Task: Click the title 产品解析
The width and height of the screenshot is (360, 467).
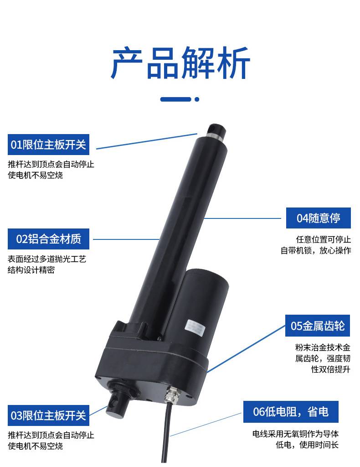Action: coord(180,63)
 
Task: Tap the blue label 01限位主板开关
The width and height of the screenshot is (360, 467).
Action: coord(48,145)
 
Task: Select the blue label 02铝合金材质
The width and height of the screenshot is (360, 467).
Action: coord(48,239)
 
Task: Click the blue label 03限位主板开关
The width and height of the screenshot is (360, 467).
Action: coord(48,415)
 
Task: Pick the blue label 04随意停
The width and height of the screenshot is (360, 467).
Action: coord(319,218)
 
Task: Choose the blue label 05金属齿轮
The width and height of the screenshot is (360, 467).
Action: coord(318,326)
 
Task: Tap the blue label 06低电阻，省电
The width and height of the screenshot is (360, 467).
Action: coord(291,412)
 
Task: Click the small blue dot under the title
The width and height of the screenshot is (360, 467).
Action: coord(197,99)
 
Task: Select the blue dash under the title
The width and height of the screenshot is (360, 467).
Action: coord(176,99)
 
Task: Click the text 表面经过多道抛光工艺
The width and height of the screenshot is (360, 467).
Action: coord(47,259)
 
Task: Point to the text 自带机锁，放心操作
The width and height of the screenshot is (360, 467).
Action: coord(316,250)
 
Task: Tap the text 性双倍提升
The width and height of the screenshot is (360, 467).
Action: coord(330,369)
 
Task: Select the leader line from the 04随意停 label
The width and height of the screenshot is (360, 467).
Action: coord(242,218)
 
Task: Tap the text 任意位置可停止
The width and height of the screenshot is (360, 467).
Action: coord(324,239)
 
